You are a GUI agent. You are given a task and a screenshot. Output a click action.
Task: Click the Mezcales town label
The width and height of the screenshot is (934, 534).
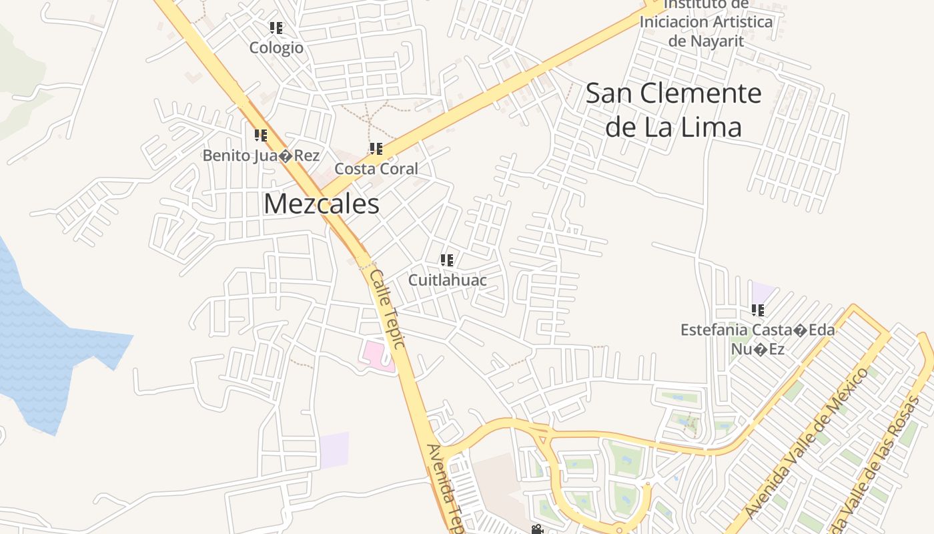(x=322, y=204)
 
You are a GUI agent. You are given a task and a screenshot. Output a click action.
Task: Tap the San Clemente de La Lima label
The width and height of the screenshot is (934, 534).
(x=673, y=110)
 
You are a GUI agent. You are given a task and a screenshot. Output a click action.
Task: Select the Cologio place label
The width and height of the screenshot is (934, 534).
(x=276, y=48)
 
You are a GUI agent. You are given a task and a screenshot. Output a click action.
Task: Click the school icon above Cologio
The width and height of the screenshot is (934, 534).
(x=276, y=28)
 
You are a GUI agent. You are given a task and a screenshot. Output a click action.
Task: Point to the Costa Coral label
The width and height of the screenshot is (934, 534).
(x=376, y=169)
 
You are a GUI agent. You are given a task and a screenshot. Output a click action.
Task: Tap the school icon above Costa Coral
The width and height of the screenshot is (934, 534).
(x=376, y=149)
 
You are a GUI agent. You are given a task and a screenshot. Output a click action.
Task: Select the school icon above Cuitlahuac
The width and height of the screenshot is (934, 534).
(x=447, y=260)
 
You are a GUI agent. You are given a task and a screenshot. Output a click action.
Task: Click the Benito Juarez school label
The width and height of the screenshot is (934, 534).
(x=261, y=156)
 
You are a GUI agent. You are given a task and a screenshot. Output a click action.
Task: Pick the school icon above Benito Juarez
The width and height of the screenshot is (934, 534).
(x=261, y=136)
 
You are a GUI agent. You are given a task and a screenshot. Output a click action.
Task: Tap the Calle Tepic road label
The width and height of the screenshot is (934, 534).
(x=388, y=309)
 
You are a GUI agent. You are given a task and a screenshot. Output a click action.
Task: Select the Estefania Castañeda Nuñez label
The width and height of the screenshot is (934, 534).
(x=757, y=339)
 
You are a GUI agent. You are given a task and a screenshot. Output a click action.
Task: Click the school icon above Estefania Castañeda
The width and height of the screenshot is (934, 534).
(x=758, y=310)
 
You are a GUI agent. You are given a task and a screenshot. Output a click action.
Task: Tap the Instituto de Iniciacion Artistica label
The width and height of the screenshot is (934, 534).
(x=706, y=22)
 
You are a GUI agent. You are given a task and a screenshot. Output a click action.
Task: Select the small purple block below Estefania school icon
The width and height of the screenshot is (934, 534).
(x=762, y=292)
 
